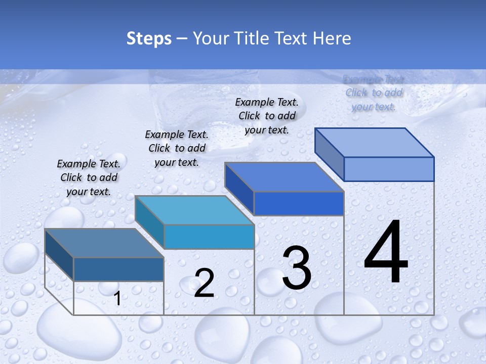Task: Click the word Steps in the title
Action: coord(149,38)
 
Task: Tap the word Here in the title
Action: coord(332,38)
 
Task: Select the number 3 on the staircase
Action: coord(296,268)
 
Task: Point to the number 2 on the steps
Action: coord(204,283)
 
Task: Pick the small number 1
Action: coord(117,299)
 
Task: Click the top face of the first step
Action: coord(104,243)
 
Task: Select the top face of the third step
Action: coord(285,177)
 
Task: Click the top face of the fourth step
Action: coord(375,143)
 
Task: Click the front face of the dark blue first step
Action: coord(118,269)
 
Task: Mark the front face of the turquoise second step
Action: coord(209,237)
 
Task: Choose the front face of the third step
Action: coord(299,203)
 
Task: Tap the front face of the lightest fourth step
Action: coord(389,169)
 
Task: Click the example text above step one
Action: coord(89,177)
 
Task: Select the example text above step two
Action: coord(177,148)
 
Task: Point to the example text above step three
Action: coord(267,116)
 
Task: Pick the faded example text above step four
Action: coord(374,93)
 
